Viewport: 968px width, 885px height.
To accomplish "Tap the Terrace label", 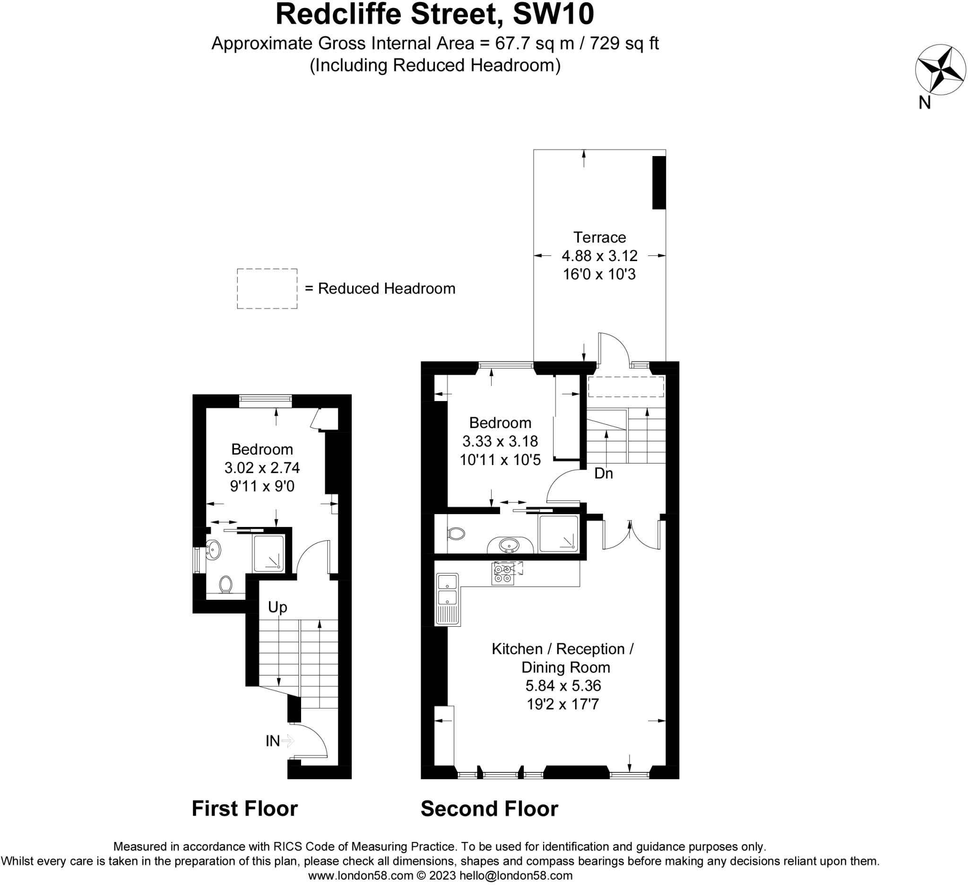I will click(599, 237).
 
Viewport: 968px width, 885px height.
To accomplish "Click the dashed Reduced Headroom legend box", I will click(267, 288).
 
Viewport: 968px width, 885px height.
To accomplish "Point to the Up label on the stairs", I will click(277, 607).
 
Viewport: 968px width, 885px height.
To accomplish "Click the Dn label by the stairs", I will click(604, 474).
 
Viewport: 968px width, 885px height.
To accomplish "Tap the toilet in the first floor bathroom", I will click(225, 585).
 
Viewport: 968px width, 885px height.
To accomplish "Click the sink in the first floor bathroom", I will click(213, 550).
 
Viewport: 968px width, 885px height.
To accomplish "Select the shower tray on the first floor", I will click(268, 553).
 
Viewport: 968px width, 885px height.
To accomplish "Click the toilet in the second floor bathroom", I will click(456, 533).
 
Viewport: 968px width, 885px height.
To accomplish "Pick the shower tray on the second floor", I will click(558, 534).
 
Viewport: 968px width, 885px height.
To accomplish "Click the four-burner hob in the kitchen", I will click(503, 574).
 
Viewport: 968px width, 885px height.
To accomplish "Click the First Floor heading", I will click(244, 809).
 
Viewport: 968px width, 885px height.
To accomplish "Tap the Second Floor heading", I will click(489, 809).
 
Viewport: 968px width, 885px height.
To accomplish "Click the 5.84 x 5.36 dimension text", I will click(563, 685).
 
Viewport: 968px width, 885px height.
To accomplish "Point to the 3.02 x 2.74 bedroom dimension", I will click(262, 467).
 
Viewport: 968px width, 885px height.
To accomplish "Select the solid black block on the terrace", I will click(659, 183).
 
